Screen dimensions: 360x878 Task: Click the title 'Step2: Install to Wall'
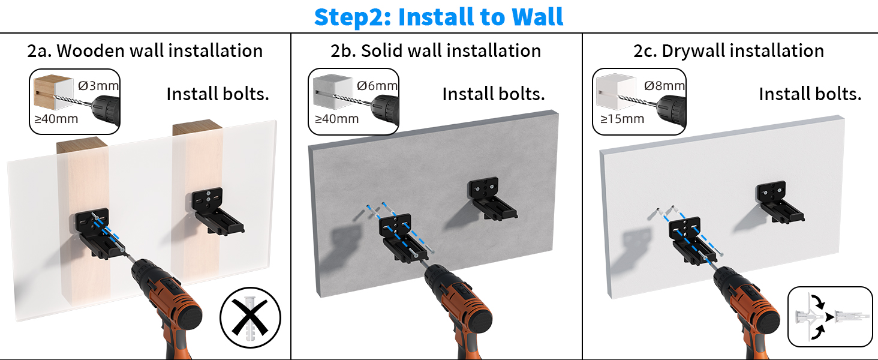pos(438,17)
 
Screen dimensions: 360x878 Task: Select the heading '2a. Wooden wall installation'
pos(145,51)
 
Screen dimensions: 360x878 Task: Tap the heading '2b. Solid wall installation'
pos(436,51)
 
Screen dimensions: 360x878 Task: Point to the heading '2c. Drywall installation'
pos(729,51)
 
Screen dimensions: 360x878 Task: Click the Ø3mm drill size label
pos(99,85)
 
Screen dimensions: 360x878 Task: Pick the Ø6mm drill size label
pos(377,85)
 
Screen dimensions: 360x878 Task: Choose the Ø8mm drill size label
pos(664,85)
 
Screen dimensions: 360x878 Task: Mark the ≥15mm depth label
pos(622,119)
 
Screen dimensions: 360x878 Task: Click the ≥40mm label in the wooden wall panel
pos(56,119)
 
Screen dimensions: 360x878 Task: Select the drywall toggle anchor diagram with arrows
pos(830,316)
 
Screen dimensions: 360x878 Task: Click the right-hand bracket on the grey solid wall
pos(494,197)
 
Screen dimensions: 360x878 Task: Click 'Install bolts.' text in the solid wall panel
pos(494,94)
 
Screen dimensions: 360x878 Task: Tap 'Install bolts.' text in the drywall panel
pos(810,94)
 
